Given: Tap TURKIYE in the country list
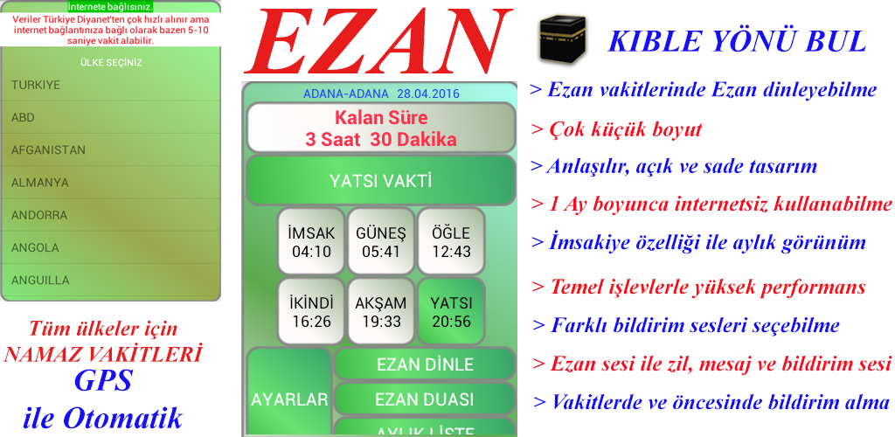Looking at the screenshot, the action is coord(35,85).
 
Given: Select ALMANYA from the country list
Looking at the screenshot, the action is coord(40,183).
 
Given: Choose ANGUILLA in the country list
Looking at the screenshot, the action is coord(40,280).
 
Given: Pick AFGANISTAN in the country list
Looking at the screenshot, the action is coord(49,150).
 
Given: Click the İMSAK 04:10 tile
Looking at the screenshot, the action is coord(311,241).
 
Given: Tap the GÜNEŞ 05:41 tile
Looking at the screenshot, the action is coord(381,241).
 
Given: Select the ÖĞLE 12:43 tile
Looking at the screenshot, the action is coord(451,241).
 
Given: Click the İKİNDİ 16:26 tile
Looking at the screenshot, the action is coord(311,311).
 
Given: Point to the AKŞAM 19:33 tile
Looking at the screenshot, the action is coord(381,311).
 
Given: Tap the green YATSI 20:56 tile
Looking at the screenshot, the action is coord(451,311).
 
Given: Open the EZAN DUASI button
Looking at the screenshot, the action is coord(425,399).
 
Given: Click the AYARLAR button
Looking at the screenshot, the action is coord(289,399).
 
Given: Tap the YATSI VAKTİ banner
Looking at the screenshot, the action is coord(381,181).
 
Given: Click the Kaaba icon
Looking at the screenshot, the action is coord(563,38).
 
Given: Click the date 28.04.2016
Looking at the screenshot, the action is coord(428,94).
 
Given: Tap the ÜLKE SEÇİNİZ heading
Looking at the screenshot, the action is coord(111,62).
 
